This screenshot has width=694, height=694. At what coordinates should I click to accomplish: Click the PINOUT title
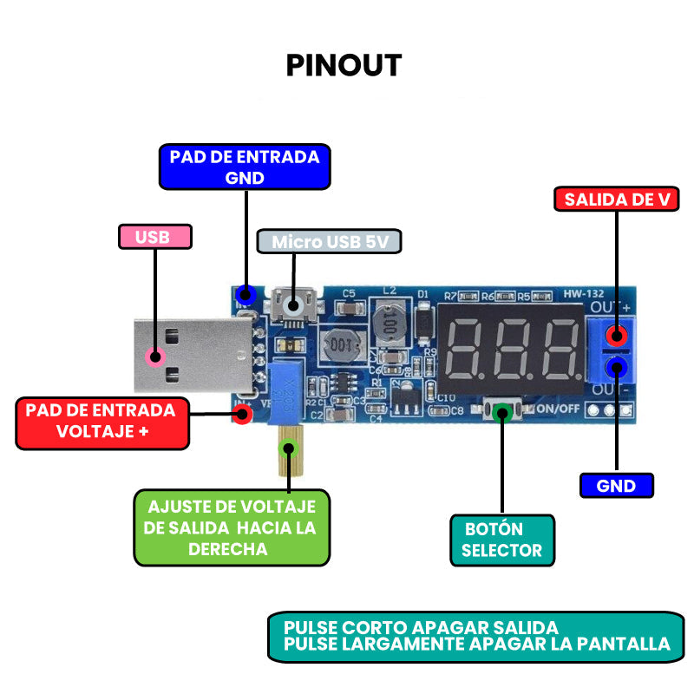pyautogui.click(x=344, y=66)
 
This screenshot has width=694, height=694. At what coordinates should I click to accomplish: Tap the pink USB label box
pyautogui.click(x=154, y=237)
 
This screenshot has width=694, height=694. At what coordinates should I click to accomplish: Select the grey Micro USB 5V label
pyautogui.click(x=330, y=241)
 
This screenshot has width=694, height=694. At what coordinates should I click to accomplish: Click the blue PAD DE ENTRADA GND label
pyautogui.click(x=245, y=167)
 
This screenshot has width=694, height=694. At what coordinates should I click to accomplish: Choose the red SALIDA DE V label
pyautogui.click(x=616, y=200)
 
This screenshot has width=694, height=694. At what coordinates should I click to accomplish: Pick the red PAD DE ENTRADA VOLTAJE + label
pyautogui.click(x=101, y=421)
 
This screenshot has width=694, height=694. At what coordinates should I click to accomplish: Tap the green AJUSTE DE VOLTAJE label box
pyautogui.click(x=232, y=527)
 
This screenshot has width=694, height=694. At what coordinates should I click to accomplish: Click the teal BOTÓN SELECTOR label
pyautogui.click(x=501, y=540)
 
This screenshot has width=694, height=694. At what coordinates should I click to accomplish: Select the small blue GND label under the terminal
pyautogui.click(x=616, y=486)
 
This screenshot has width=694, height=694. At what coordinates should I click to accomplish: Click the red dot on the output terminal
pyautogui.click(x=617, y=336)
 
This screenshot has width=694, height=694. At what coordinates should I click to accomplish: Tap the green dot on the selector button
pyautogui.click(x=502, y=413)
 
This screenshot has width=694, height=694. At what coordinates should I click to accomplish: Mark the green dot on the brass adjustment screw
pyautogui.click(x=289, y=448)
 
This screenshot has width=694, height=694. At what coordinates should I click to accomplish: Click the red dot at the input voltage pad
pyautogui.click(x=244, y=414)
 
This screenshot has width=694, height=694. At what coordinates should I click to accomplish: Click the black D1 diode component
pyautogui.click(x=424, y=324)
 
